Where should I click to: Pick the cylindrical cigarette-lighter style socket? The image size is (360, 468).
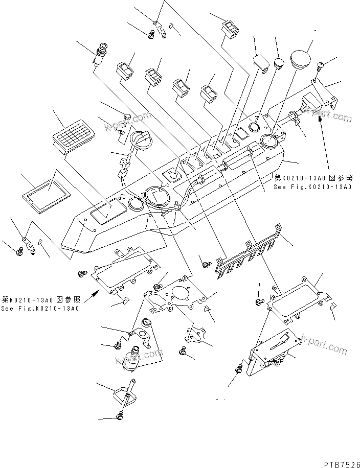(101, 55)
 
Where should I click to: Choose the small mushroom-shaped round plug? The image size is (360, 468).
(278, 63)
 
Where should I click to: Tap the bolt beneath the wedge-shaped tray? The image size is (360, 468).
(121, 416)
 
